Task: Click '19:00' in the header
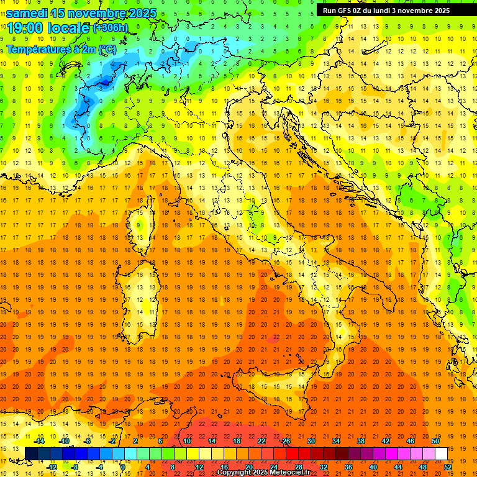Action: coord(25,28)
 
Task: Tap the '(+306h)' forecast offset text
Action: coord(111,28)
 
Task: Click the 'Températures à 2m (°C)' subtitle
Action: coord(61,48)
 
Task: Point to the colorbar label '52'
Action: coord(448,467)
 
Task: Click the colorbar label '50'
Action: coord(435,441)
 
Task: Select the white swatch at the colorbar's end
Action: coord(441,453)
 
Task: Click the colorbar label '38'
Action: coord(361,441)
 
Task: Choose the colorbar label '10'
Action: coord(187,441)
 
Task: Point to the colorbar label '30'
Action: coord(311,441)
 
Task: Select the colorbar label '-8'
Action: coord(76,467)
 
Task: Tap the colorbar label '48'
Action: coord(423,467)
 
